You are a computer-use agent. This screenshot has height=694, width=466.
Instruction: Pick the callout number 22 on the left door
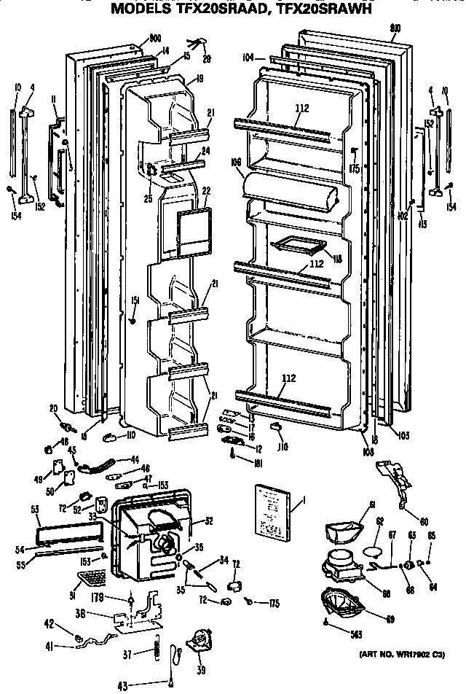(x=205, y=191)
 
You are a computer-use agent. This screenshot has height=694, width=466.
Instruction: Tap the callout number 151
(x=134, y=300)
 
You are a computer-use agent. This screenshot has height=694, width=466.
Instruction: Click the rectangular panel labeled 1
(x=274, y=510)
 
